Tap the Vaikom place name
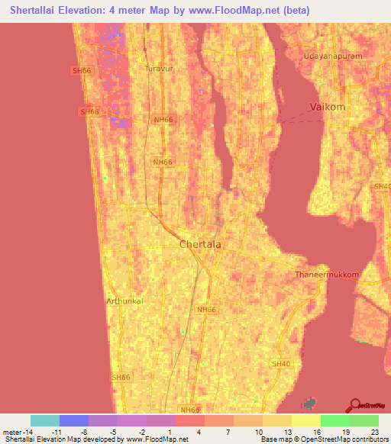328,108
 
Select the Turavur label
159,69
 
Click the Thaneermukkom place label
322,275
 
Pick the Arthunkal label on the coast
125,301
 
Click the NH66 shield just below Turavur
163,121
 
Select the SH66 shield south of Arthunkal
121,377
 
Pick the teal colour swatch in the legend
45,420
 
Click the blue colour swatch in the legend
74,420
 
